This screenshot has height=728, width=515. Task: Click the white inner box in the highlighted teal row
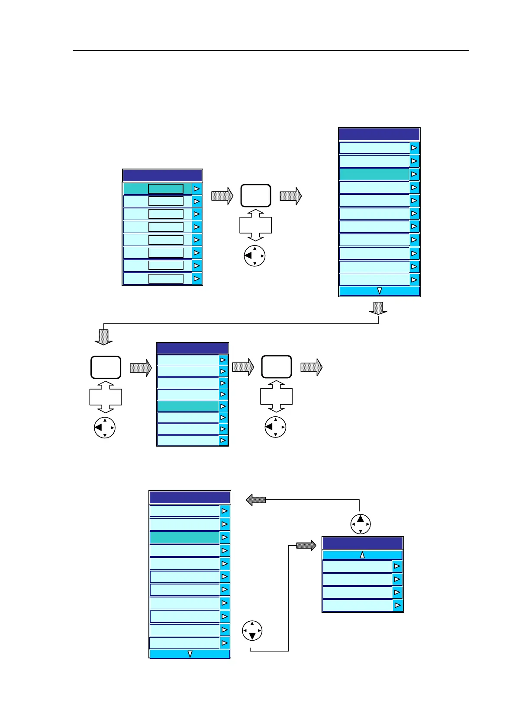166,189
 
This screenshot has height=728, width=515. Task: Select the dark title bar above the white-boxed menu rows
162,176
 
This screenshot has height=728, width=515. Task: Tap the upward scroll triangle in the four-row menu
362,555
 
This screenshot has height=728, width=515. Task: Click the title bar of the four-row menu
363,543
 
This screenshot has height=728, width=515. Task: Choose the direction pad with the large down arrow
252,631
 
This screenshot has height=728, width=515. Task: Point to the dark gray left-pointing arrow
256,500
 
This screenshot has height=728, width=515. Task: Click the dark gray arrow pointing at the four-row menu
306,546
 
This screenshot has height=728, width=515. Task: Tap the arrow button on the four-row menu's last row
397,605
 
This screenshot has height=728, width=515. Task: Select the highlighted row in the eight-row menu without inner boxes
188,406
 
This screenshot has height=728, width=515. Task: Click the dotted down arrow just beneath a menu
378,308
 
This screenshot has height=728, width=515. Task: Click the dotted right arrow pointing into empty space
312,367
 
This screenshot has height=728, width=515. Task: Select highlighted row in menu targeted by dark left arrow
185,537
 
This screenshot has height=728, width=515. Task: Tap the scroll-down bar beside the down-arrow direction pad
190,654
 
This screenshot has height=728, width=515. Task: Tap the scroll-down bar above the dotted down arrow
379,291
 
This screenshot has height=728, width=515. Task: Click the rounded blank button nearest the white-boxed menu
256,195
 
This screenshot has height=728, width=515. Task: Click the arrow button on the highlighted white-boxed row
197,189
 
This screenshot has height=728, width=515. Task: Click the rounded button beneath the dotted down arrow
106,367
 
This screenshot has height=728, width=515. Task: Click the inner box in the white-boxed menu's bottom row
166,279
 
